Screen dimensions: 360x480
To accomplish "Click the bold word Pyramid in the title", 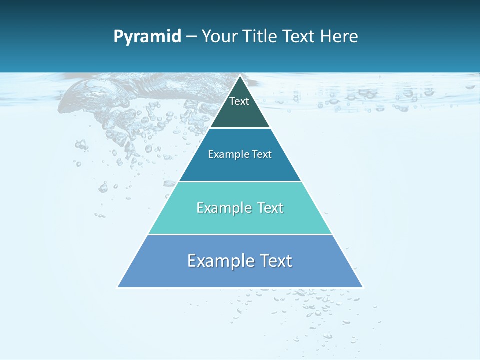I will tap(147, 37).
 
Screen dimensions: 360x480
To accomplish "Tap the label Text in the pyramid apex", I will tap(239, 101).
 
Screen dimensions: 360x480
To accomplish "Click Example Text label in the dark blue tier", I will tap(240, 154).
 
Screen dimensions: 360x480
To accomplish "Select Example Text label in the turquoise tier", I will tap(240, 208).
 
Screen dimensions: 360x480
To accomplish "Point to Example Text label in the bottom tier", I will tap(240, 261).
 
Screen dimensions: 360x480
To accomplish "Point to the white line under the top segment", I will tap(240, 128).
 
